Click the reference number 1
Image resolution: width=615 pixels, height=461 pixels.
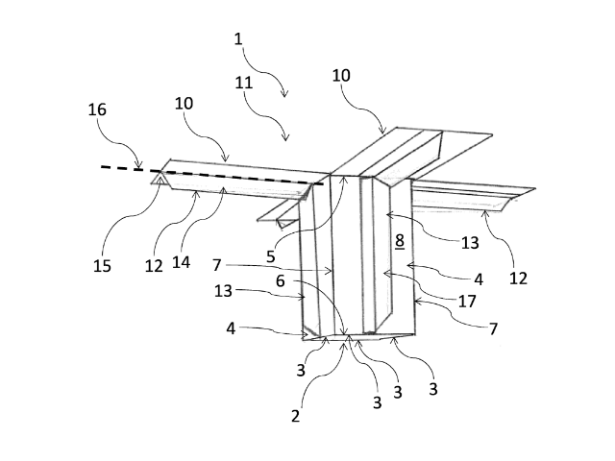pyautogui.click(x=238, y=39)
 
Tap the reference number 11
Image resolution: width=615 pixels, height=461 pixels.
pyautogui.click(x=243, y=83)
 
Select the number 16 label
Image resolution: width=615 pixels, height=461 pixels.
pyautogui.click(x=97, y=109)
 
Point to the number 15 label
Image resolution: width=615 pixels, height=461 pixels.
pyautogui.click(x=102, y=266)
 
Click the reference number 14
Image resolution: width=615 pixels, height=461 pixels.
pyautogui.click(x=181, y=262)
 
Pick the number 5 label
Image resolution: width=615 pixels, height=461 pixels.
pyautogui.click(x=271, y=256)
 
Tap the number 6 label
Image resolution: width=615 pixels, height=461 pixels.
pyautogui.click(x=280, y=280)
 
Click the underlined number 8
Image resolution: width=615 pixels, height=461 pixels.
pyautogui.click(x=400, y=241)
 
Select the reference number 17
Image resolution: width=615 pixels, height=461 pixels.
pyautogui.click(x=467, y=301)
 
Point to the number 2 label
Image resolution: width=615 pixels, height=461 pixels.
pyautogui.click(x=295, y=416)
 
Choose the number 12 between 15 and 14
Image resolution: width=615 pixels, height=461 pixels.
pyautogui.click(x=154, y=266)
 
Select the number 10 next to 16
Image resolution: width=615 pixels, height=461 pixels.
pyautogui.click(x=184, y=104)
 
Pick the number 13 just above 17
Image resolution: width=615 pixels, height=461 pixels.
pyautogui.click(x=470, y=243)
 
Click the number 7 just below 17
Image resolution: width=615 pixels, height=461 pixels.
pyautogui.click(x=493, y=328)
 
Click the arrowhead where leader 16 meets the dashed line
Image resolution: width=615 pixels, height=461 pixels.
pyautogui.click(x=138, y=166)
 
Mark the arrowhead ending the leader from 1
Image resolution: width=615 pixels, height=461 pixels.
pyautogui.click(x=285, y=93)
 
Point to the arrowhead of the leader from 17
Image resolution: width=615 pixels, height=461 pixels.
pyautogui.click(x=386, y=273)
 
